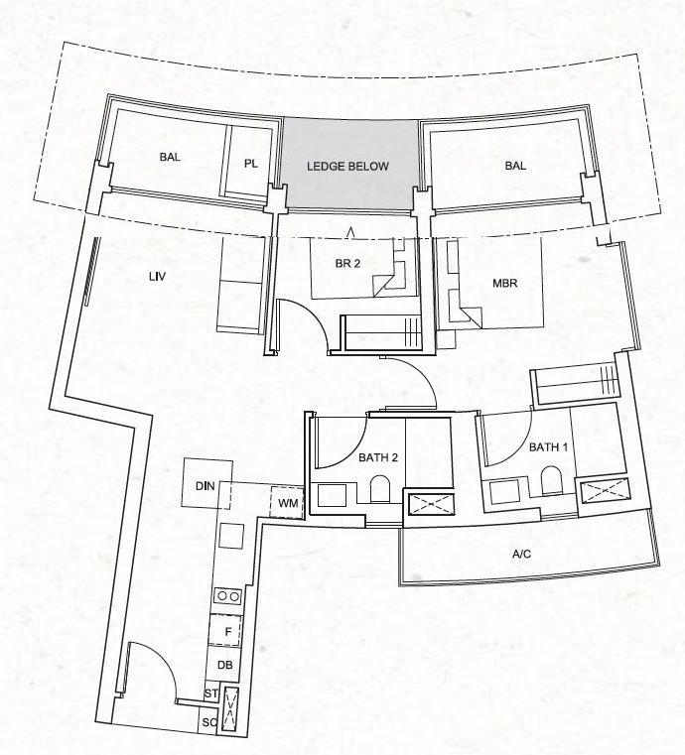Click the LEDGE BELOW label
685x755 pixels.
point(347,166)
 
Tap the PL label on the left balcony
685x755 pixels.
point(250,164)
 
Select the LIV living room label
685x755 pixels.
point(158,277)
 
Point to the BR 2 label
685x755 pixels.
point(347,263)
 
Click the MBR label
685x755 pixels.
point(505,283)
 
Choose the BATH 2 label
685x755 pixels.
point(378,457)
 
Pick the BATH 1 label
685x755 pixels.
point(548,447)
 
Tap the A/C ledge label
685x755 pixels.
point(522,555)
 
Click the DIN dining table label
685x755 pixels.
point(205,486)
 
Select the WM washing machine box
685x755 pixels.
point(287,503)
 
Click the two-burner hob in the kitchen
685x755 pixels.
point(228,596)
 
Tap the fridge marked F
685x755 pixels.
point(225,631)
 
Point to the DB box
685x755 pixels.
point(223,665)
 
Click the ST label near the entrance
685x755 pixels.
point(211,693)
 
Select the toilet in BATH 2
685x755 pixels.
point(379,490)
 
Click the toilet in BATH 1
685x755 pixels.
point(552,480)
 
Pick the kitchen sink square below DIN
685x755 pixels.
point(230,536)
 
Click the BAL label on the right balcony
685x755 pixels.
point(515,166)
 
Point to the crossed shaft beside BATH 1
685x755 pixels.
point(605,491)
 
